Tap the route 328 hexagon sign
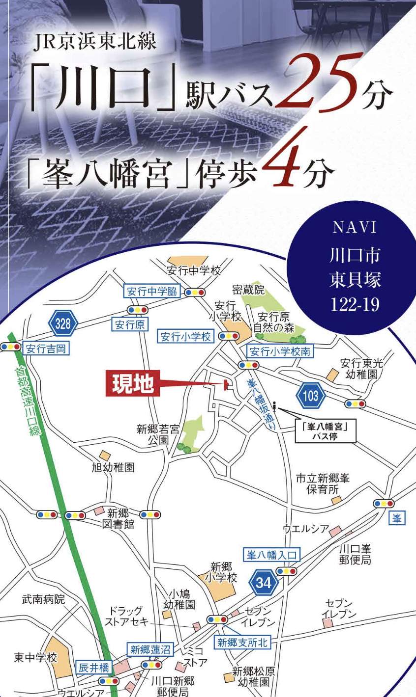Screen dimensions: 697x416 point(63,324)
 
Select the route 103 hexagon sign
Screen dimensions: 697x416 point(311,396)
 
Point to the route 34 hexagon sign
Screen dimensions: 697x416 point(264,583)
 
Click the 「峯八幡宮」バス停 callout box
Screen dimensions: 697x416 point(326,431)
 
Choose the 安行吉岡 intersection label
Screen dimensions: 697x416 point(46,349)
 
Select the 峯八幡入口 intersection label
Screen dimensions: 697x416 point(271,555)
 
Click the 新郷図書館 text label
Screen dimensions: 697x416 point(118,519)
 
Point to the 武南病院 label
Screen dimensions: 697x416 point(43,599)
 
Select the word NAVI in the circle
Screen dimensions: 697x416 point(355,228)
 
